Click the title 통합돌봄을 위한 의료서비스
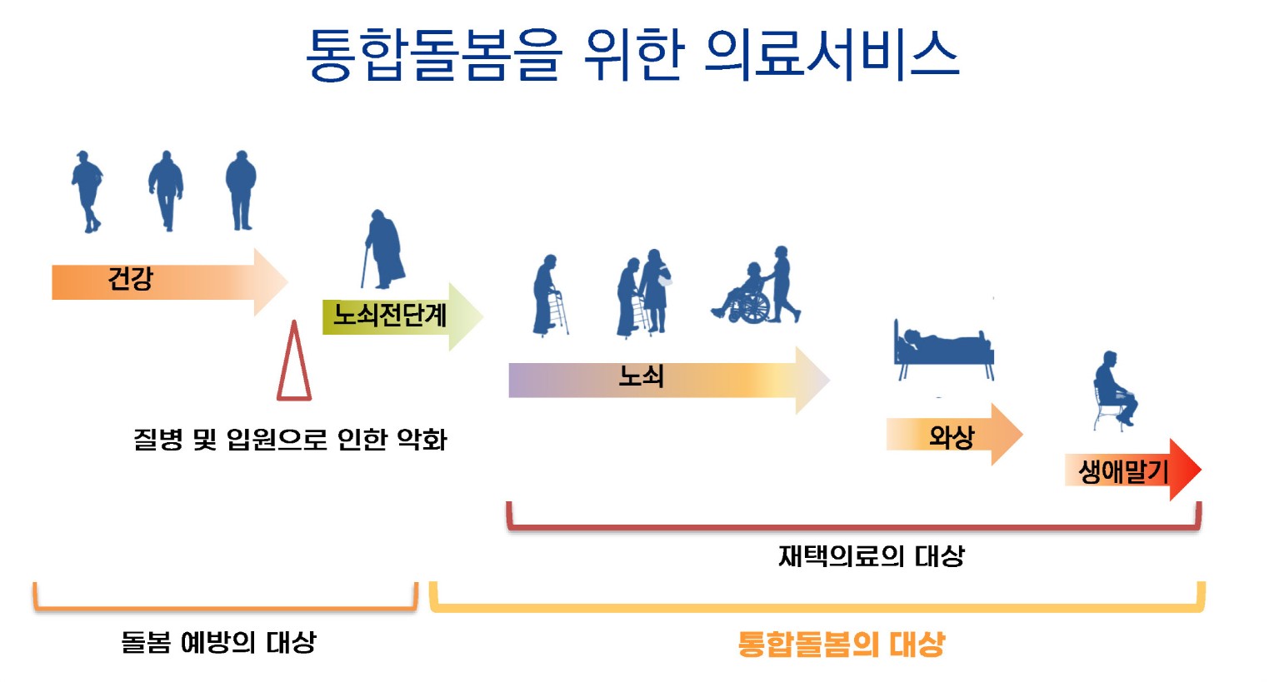(x=632, y=55)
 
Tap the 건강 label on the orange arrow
(x=131, y=278)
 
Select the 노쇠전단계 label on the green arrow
(x=390, y=315)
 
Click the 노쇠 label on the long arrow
(x=641, y=376)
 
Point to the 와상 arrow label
(x=952, y=436)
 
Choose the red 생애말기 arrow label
(x=1124, y=471)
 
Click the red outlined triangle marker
(x=293, y=367)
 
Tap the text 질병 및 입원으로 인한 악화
(x=290, y=439)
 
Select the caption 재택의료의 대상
(x=871, y=556)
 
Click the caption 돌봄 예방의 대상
(x=218, y=642)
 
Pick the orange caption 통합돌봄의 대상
(x=842, y=644)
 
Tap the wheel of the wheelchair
(x=754, y=307)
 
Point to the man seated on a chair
(x=1115, y=389)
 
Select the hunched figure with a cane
(x=384, y=249)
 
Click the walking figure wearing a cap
(x=87, y=191)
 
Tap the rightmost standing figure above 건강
(x=241, y=189)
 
